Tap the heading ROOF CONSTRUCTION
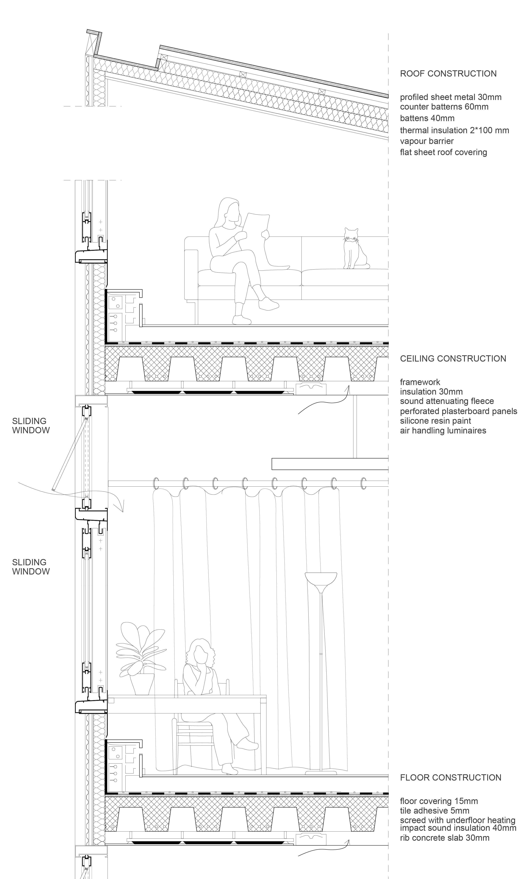[x=448, y=74]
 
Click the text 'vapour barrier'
[x=427, y=141]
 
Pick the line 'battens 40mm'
[x=427, y=118]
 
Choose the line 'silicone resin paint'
[x=435, y=421]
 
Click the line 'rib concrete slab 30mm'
[x=445, y=838]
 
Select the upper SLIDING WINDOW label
[x=31, y=426]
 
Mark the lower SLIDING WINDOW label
[x=31, y=567]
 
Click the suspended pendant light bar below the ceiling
[x=330, y=464]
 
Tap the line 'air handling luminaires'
[x=443, y=431]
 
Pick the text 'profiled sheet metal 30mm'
[x=451, y=97]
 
